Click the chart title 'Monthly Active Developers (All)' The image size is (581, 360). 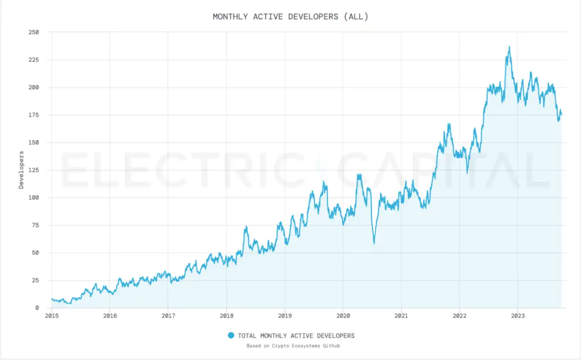point(290,17)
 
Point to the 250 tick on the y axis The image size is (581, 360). point(34,32)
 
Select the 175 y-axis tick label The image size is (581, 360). point(34,115)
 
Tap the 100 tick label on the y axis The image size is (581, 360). point(34,197)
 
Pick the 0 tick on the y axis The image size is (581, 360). point(37,308)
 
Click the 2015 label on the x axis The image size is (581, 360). point(52,316)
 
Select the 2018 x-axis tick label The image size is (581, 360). point(226,316)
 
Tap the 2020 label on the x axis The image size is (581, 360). point(343,316)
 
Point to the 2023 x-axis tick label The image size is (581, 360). point(517,316)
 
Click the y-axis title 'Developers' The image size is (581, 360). point(21,170)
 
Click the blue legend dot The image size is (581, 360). point(231,335)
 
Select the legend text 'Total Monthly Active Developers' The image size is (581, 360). point(296,335)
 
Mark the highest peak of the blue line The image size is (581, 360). point(509,47)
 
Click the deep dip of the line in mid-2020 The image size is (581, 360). point(374,243)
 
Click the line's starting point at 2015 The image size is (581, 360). point(52,299)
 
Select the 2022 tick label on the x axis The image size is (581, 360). point(459,316)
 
